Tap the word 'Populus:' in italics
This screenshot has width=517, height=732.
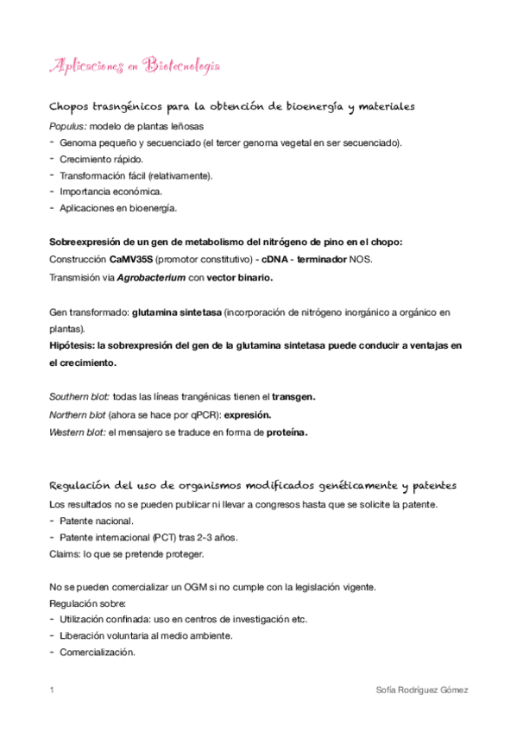(x=68, y=127)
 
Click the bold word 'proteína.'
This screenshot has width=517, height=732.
(x=287, y=432)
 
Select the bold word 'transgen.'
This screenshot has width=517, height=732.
(x=294, y=396)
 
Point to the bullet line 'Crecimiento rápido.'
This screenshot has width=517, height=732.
(x=102, y=160)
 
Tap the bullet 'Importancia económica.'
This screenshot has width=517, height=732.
(x=110, y=192)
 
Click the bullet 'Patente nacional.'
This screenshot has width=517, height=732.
(x=97, y=521)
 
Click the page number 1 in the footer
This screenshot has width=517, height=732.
(x=53, y=691)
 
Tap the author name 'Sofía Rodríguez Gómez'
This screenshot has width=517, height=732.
(x=423, y=691)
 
